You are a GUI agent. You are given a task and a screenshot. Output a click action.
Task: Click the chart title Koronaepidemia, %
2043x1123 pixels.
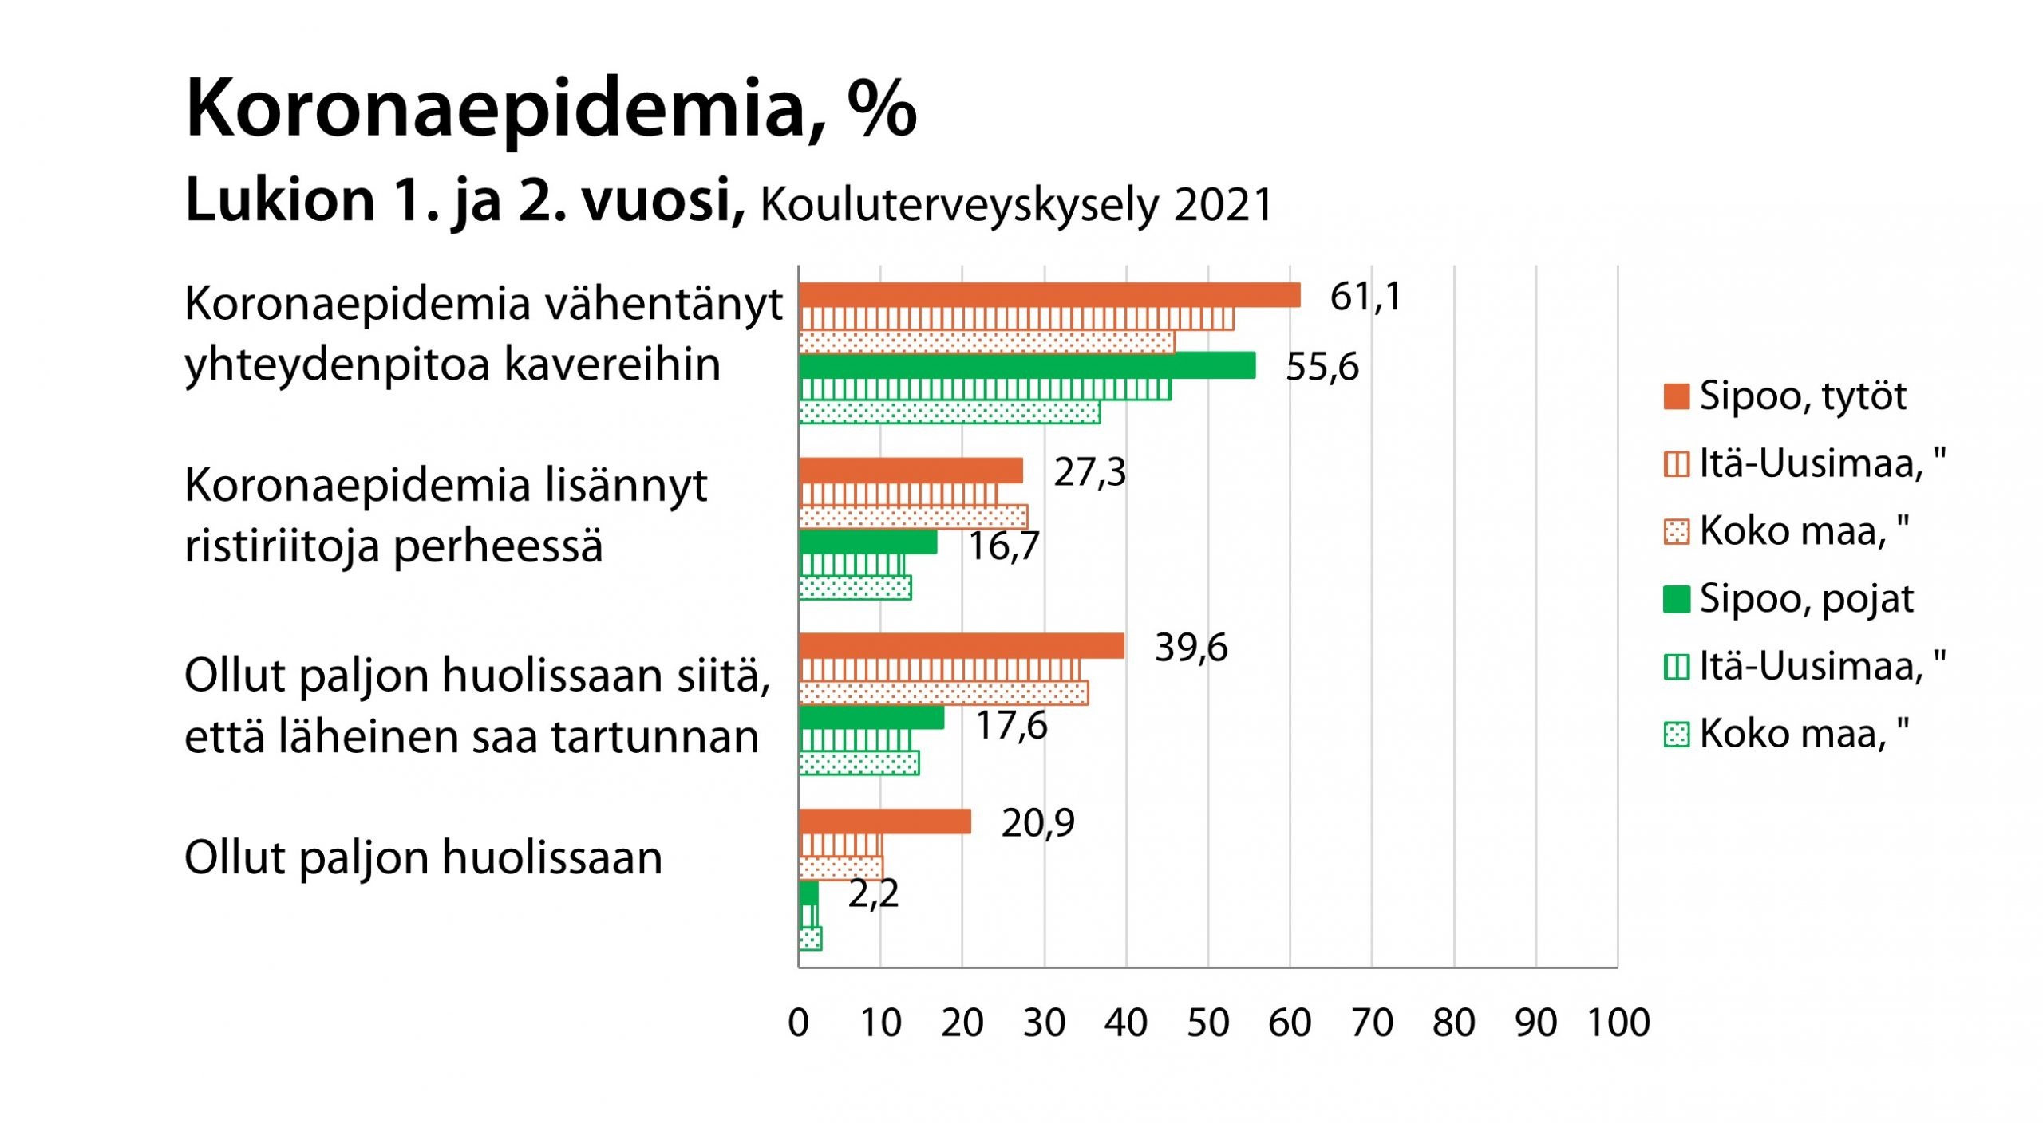pyautogui.click(x=551, y=110)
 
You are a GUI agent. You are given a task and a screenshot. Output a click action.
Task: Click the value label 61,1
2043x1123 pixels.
pyautogui.click(x=1365, y=297)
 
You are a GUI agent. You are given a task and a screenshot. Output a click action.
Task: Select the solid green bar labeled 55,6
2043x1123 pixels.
pyautogui.click(x=1026, y=365)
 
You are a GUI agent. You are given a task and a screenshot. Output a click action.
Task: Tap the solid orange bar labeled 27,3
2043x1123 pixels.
pyautogui.click(x=911, y=471)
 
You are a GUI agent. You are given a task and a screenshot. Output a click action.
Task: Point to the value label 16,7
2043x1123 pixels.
pyautogui.click(x=1003, y=546)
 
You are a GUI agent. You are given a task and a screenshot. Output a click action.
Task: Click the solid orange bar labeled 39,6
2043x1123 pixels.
pyautogui.click(x=961, y=646)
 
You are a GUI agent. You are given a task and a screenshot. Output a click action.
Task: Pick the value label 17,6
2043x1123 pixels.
pyautogui.click(x=1011, y=726)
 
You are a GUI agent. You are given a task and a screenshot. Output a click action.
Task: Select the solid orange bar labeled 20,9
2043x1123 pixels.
pyautogui.click(x=884, y=822)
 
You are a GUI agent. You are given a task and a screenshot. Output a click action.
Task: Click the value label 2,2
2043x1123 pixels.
pyautogui.click(x=873, y=893)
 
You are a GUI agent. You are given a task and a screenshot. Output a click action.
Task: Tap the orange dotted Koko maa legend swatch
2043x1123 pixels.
pyautogui.click(x=1676, y=531)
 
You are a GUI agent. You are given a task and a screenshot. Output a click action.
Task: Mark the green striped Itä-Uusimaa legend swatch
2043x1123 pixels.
pyautogui.click(x=1676, y=667)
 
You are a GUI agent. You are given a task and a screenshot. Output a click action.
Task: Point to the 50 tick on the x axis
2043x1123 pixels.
pyautogui.click(x=1207, y=1023)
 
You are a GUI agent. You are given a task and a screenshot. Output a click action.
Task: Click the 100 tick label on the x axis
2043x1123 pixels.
pyautogui.click(x=1618, y=1023)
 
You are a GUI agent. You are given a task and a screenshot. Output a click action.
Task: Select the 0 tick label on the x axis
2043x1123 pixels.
pyautogui.click(x=798, y=1023)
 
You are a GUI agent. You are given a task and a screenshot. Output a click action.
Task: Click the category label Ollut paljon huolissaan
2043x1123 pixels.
pyautogui.click(x=423, y=858)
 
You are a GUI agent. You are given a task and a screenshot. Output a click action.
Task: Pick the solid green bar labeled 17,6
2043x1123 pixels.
pyautogui.click(x=871, y=718)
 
